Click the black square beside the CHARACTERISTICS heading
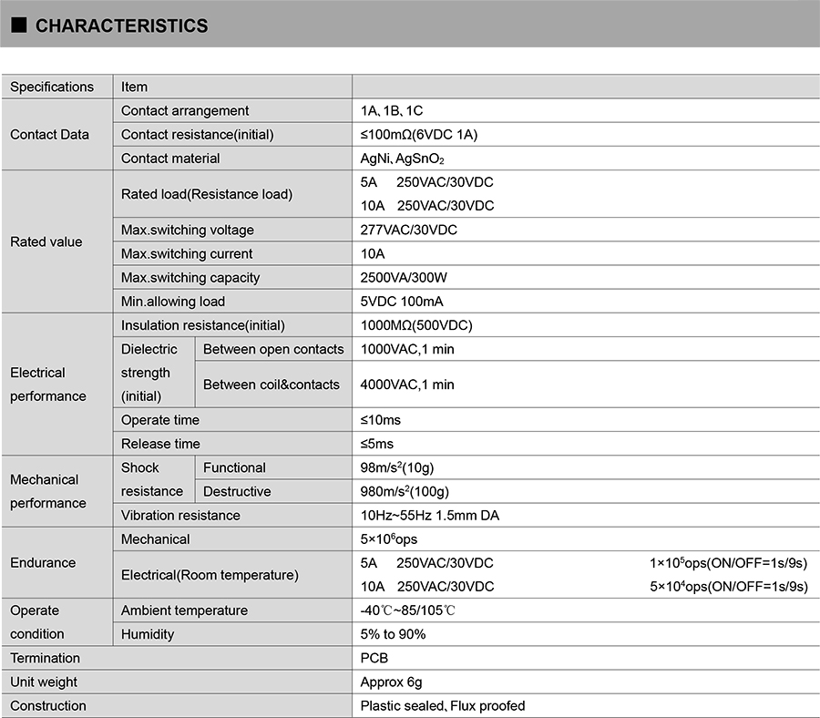coord(18,26)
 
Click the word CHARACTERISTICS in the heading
coord(121,26)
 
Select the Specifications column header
coord(52,87)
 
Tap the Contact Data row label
coord(49,135)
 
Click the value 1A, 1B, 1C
coord(392,111)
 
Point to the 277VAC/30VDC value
coord(409,231)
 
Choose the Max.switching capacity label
coord(190,278)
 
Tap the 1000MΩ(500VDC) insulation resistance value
coord(416,325)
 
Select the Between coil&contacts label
coord(272,385)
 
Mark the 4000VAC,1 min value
coord(407,385)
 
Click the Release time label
coord(160,444)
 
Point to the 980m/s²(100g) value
coord(405,491)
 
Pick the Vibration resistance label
coord(180,516)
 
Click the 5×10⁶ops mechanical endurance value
coord(389,539)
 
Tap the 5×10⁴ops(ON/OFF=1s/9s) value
coord(729,587)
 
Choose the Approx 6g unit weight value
coord(391,682)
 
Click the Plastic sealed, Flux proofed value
coord(443,706)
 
